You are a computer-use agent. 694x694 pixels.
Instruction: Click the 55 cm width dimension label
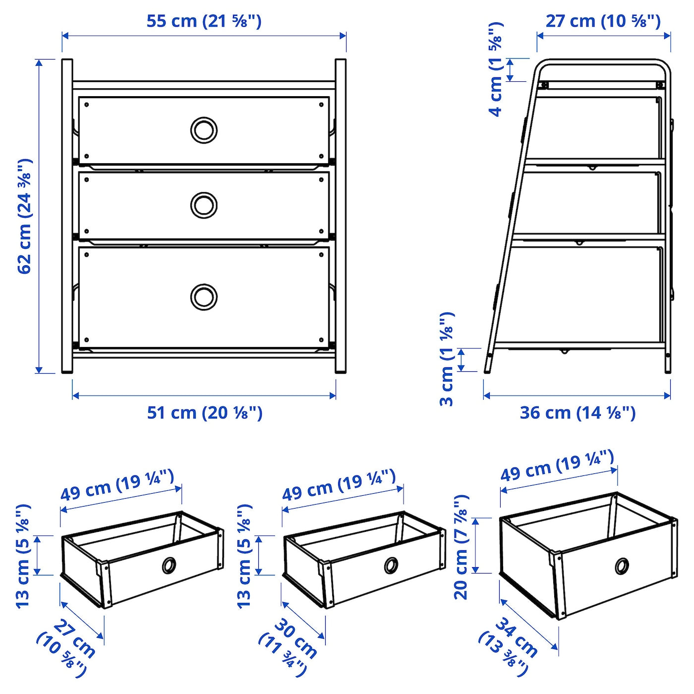point(204,21)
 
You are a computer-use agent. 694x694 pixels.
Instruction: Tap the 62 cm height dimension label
point(25,216)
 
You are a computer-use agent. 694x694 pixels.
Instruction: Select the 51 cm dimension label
point(204,412)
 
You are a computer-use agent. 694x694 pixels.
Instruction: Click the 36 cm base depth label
point(577,412)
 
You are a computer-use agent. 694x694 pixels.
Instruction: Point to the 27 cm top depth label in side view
point(603,21)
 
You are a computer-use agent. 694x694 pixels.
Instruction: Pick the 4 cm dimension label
point(496,69)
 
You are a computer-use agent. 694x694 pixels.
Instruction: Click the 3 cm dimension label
point(447,359)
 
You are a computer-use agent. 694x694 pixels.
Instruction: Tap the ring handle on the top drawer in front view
point(204,130)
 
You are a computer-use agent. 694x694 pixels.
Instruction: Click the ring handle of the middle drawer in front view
point(204,204)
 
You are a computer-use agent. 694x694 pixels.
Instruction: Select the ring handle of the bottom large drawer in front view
point(204,297)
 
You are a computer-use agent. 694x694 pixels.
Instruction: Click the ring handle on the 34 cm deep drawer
point(622,566)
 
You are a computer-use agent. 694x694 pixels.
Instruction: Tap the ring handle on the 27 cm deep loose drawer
point(169,565)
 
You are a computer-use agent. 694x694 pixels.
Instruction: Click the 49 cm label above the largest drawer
point(557,465)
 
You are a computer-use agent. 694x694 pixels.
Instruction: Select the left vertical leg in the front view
point(67,216)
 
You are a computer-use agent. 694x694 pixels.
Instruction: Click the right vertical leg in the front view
point(341,216)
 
